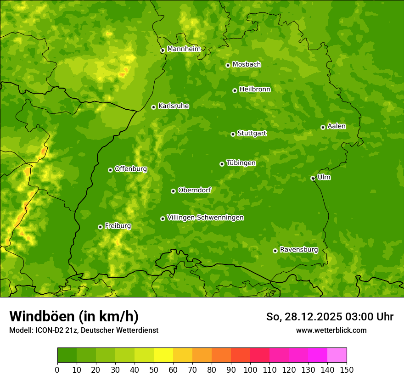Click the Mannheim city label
click(184, 49)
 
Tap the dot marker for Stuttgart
click(233, 134)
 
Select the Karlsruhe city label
click(173, 106)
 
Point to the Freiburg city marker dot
click(100, 227)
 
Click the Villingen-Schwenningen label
click(205, 218)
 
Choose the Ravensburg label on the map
click(298, 250)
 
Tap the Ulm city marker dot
click(313, 178)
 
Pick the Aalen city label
click(337, 126)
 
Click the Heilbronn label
click(255, 90)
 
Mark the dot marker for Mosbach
click(228, 65)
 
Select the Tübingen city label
click(241, 163)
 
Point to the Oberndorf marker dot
click(173, 191)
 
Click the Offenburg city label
click(131, 169)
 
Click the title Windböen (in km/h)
click(74, 316)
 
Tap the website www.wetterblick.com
click(331, 330)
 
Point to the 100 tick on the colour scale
click(250, 370)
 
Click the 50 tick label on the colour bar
click(154, 370)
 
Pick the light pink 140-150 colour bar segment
click(337, 355)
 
